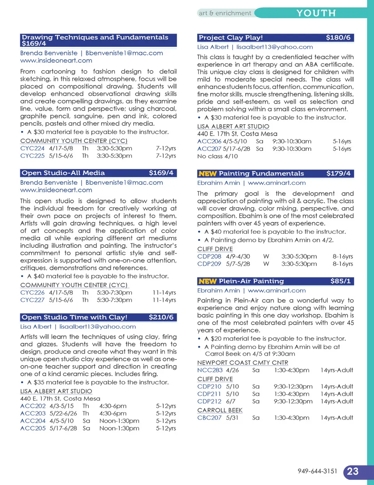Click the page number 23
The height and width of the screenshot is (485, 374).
353,471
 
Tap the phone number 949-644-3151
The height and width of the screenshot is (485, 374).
318,471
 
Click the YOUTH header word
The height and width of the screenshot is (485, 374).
316,13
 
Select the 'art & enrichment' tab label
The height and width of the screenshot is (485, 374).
225,13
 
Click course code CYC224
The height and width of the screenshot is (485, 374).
32,148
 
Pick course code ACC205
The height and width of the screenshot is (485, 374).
33,428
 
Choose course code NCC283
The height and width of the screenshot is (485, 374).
210,370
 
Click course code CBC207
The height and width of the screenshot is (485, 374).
209,418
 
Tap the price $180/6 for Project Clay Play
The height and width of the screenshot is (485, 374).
338,38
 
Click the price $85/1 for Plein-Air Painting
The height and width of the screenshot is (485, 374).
340,281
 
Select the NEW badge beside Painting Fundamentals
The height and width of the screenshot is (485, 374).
207,174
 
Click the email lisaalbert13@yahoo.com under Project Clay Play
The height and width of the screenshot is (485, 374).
275,47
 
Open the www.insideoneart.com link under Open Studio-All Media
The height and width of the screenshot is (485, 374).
56,190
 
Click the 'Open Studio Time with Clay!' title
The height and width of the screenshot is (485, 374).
74,317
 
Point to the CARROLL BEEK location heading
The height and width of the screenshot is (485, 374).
220,410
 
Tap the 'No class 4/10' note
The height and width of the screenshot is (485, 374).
217,156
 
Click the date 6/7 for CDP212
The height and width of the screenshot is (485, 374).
231,401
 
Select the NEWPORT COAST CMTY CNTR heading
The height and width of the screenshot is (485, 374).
243,363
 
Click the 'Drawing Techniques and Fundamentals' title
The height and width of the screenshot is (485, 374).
95,37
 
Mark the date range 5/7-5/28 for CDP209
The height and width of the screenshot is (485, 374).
238,264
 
